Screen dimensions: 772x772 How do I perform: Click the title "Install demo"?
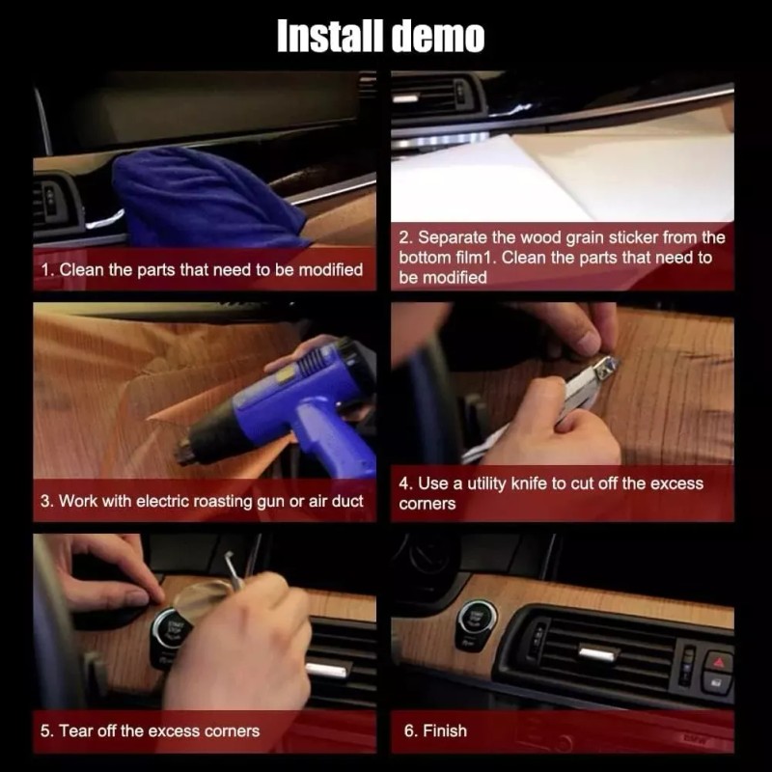click(380, 37)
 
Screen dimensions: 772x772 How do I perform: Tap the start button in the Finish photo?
click(476, 619)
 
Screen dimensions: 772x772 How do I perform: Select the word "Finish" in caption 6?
click(447, 731)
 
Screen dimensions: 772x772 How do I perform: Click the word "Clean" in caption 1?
click(81, 269)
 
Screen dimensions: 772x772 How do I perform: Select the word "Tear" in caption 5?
click(77, 731)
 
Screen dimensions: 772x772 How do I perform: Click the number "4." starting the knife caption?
click(406, 483)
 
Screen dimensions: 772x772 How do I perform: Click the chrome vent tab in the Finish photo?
click(598, 653)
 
